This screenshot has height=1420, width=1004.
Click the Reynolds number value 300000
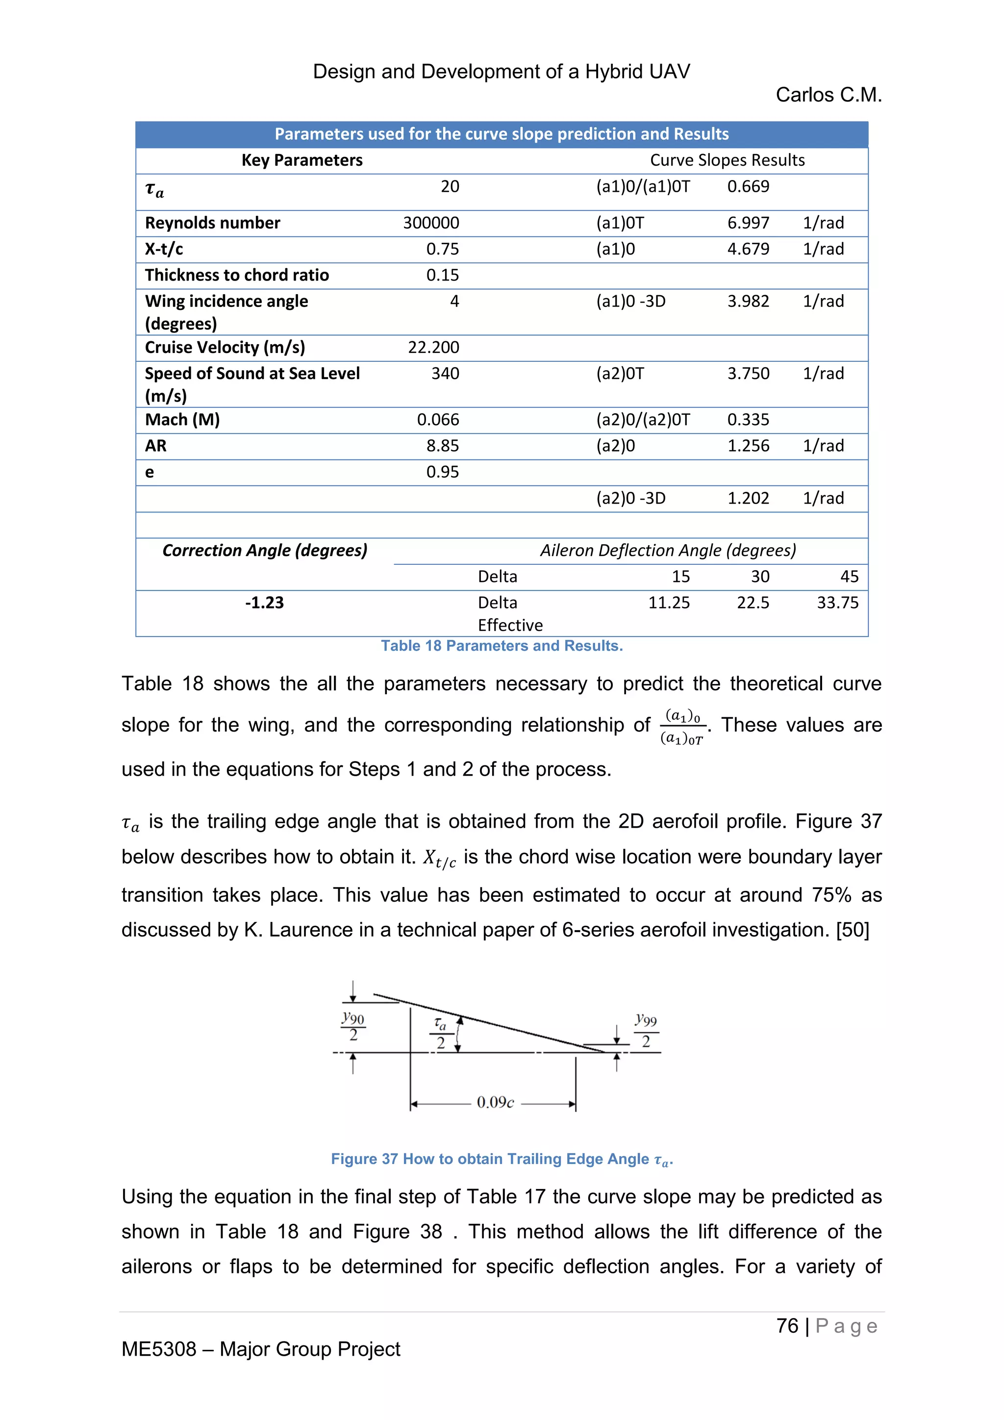coord(431,223)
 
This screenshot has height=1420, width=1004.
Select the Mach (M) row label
coord(182,420)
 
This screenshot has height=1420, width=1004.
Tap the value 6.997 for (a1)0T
coord(748,223)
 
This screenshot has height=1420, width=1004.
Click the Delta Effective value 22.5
coord(753,603)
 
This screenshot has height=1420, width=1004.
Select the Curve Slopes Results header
coord(727,160)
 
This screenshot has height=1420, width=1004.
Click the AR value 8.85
coord(443,446)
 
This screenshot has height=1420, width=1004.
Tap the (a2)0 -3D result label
coord(630,499)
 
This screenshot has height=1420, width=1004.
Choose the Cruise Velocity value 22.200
coord(433,348)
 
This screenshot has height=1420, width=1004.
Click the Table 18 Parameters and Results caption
coord(502,646)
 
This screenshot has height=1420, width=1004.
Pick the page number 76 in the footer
coord(787,1326)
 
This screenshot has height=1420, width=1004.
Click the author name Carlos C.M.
coord(828,95)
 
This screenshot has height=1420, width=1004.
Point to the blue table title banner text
coord(502,134)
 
